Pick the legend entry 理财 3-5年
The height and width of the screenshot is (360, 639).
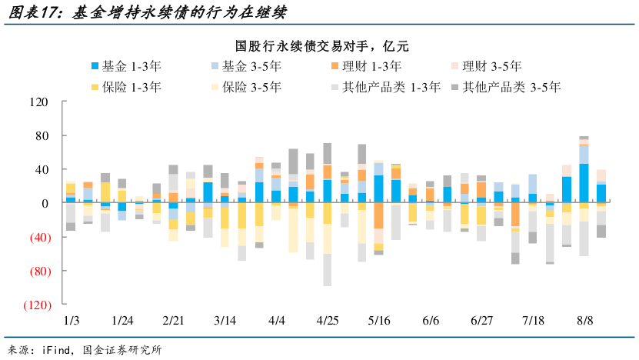[489, 67]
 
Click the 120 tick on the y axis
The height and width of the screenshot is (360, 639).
[38, 102]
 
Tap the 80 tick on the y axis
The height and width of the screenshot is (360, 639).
[42, 136]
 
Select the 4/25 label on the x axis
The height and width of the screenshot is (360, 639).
[328, 319]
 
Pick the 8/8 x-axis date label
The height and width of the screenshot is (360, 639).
[584, 319]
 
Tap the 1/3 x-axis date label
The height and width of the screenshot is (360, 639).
[71, 319]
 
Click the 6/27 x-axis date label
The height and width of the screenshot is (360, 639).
[481, 319]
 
